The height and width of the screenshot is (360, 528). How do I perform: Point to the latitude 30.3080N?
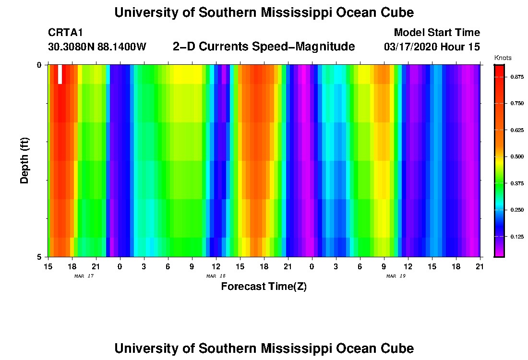pos(71,47)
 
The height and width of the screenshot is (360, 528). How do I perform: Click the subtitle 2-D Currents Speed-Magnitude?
pos(264,47)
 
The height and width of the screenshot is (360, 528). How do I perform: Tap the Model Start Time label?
pos(436,33)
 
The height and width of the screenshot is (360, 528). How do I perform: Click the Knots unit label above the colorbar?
pos(503,58)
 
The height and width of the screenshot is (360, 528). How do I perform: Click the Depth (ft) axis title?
pos(24,160)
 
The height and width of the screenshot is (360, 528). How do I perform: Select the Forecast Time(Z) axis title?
pos(264,287)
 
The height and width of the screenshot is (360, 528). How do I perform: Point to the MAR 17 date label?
pos(84,276)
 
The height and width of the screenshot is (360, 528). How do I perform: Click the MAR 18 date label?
pos(216,276)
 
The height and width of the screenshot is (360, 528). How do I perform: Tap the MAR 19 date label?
pos(396,276)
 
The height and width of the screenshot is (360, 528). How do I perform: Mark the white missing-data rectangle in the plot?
pos(60,74)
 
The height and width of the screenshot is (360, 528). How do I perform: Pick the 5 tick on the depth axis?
pos(39,257)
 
